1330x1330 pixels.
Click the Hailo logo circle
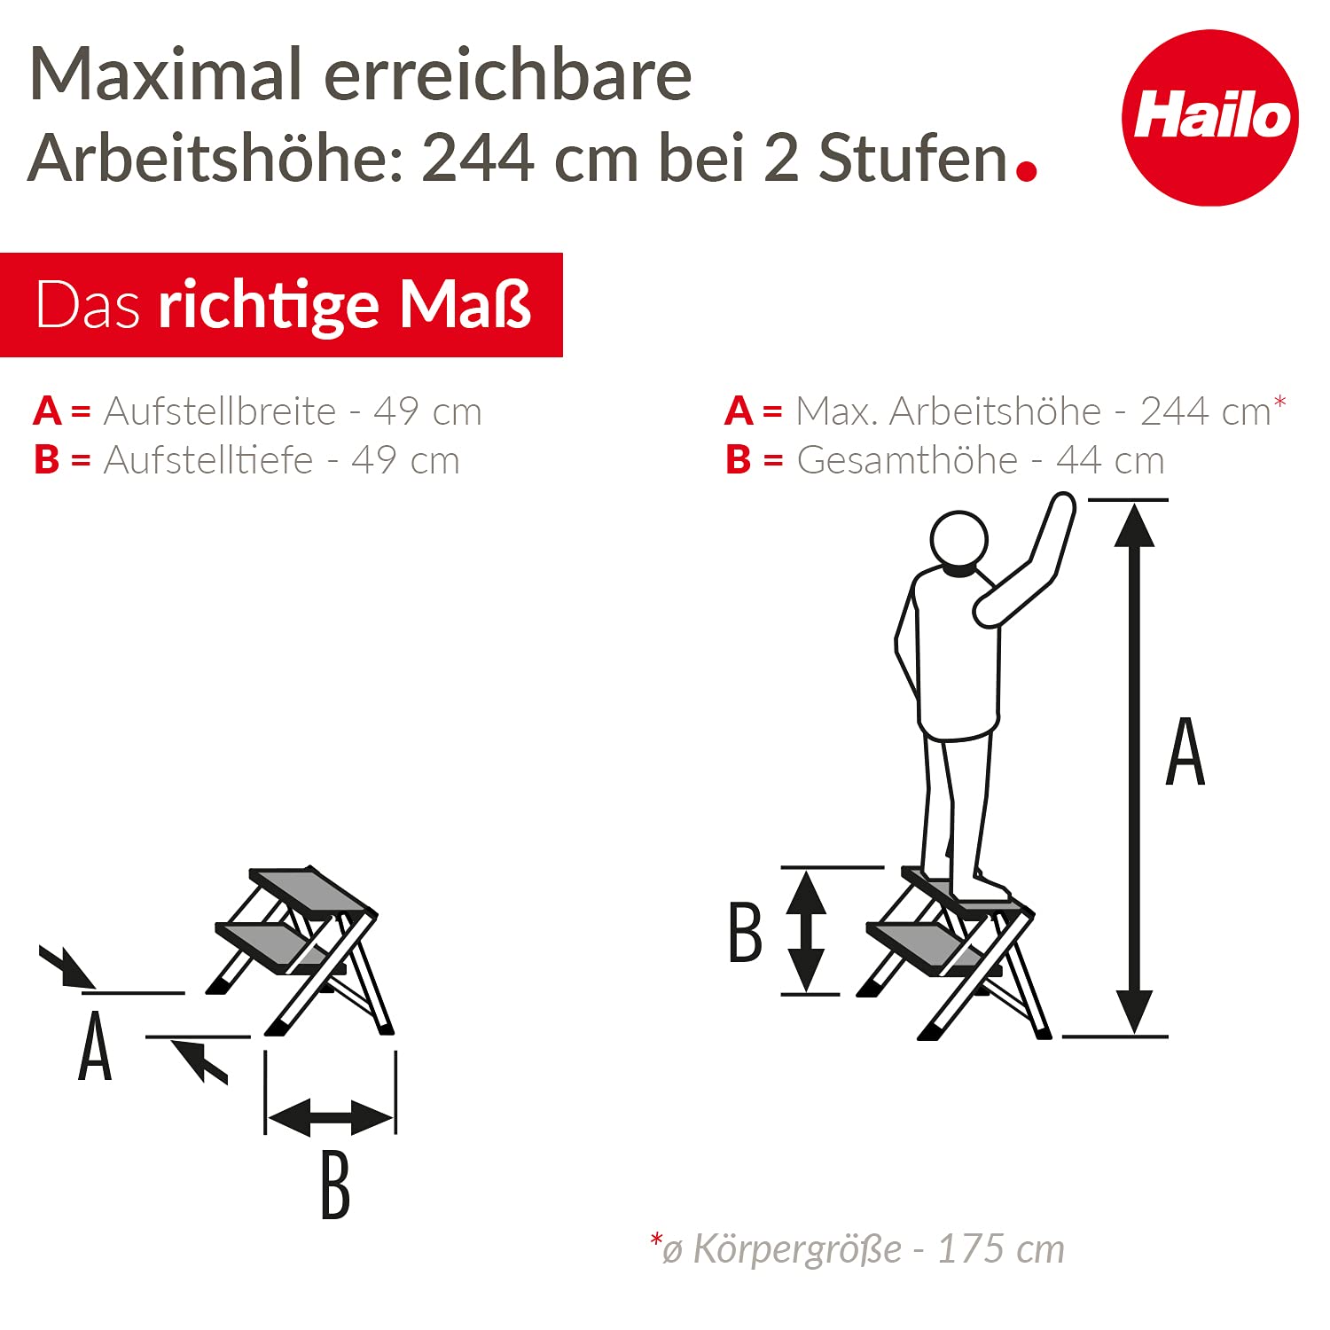coord(1209,118)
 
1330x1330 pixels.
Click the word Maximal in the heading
coord(168,74)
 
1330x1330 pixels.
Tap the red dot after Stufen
coord(1026,170)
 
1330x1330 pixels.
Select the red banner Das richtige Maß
coord(281,305)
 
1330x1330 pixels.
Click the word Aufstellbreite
coord(220,411)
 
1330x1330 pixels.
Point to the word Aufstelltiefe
coord(208,460)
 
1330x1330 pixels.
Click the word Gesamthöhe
coord(907,460)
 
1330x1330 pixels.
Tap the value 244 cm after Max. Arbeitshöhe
coord(1206,411)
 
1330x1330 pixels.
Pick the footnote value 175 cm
coord(1000,1248)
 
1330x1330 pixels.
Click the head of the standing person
coord(958,538)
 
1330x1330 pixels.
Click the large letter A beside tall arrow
coord(1185,752)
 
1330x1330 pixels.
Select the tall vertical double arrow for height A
coord(1134,767)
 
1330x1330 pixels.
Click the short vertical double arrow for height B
coord(806,930)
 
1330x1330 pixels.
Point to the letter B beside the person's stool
coord(745,932)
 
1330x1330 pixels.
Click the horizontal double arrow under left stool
coord(330,1117)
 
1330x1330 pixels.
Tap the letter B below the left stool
coord(335,1185)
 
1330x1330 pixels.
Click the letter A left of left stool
coord(96,1048)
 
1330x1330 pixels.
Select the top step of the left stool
coord(310,890)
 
